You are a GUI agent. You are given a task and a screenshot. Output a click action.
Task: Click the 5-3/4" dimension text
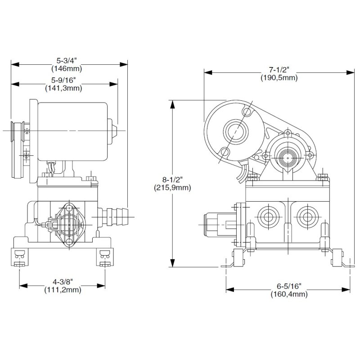(67, 61)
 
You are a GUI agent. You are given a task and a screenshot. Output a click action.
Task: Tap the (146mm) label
(67, 69)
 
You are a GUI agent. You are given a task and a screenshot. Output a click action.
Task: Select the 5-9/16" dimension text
(63, 81)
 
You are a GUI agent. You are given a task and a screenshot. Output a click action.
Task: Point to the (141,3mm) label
(63, 88)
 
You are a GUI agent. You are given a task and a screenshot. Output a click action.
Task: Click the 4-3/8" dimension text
(63, 282)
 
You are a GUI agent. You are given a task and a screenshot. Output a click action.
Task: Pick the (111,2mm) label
(63, 290)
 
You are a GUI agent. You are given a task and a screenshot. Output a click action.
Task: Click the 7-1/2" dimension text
(279, 70)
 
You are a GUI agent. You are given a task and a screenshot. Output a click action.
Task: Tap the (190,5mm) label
(279, 78)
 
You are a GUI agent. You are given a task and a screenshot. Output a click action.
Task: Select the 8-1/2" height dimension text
(172, 180)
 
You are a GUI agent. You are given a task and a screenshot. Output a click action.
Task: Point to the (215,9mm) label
(172, 188)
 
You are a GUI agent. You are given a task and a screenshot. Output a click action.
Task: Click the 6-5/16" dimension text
(289, 286)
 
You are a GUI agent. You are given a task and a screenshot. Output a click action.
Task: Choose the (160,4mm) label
(289, 294)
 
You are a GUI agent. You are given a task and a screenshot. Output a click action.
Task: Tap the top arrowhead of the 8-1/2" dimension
(172, 104)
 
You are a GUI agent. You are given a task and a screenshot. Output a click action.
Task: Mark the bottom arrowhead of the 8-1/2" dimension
(172, 263)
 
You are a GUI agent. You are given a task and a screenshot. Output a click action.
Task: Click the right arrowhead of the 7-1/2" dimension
(351, 72)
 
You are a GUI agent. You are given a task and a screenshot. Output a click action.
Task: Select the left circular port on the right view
(268, 217)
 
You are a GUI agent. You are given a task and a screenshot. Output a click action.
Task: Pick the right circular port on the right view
(307, 217)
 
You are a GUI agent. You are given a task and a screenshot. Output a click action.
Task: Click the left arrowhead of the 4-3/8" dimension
(23, 286)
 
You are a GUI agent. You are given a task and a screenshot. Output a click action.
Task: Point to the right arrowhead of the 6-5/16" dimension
(346, 290)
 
